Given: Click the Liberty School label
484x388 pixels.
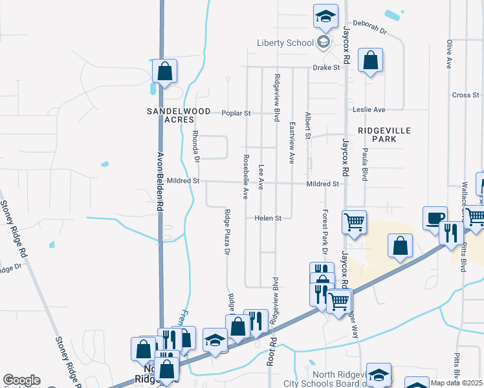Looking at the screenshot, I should pos(285,43).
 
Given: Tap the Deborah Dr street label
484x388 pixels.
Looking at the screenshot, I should pos(373,30).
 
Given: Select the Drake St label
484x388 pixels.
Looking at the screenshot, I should pos(326,67).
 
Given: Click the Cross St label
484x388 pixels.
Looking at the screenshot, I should pos(465,95).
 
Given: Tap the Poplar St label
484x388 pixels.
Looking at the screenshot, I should pos(236,113).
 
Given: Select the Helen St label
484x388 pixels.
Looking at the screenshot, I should pos(268,219).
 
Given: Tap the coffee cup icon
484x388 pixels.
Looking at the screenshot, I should pos(435,217).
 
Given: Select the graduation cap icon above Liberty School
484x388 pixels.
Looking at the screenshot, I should pos(325,16).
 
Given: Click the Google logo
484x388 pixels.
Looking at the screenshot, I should pos(21,380).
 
